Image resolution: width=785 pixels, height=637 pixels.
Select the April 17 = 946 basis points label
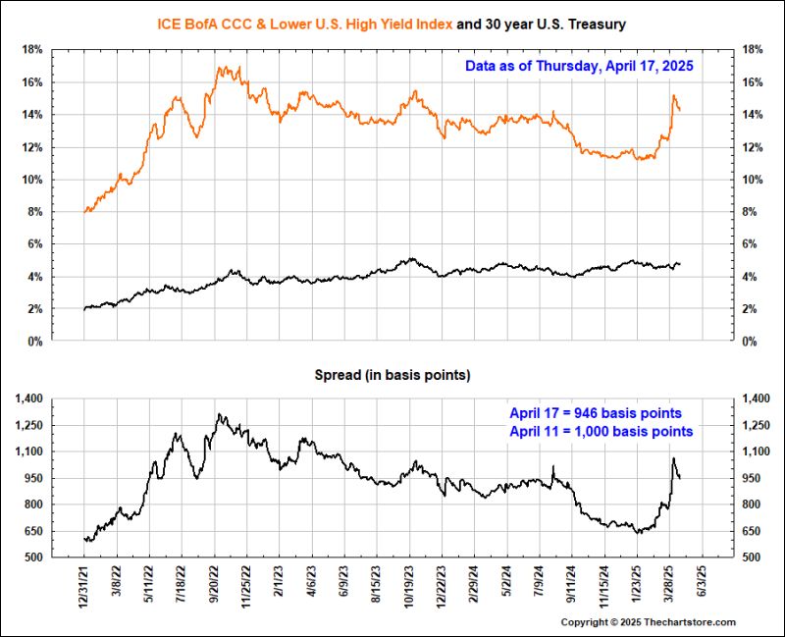(596, 412)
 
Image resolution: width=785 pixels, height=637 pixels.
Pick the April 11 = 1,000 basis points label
(601, 431)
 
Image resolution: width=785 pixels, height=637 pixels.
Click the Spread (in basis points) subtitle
(392, 375)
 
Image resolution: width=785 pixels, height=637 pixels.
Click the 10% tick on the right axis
(755, 180)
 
